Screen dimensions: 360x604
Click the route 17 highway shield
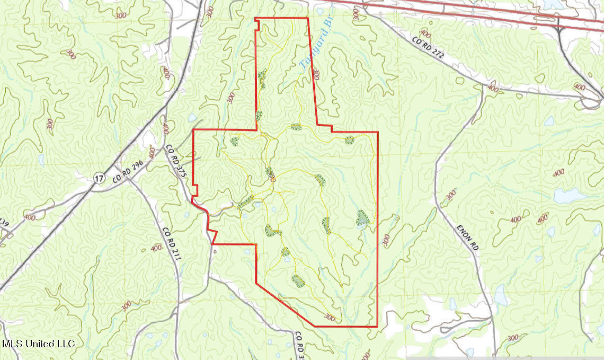(x=99, y=179)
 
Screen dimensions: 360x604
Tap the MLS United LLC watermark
(x=38, y=344)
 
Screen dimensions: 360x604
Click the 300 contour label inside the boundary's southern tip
(x=329, y=318)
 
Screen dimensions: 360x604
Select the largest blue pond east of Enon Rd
(x=570, y=196)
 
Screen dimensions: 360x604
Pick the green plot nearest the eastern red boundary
(x=362, y=218)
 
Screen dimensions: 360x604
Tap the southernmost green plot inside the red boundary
(x=298, y=280)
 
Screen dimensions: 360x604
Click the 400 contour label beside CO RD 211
(x=156, y=248)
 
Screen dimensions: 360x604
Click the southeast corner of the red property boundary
(x=377, y=326)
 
